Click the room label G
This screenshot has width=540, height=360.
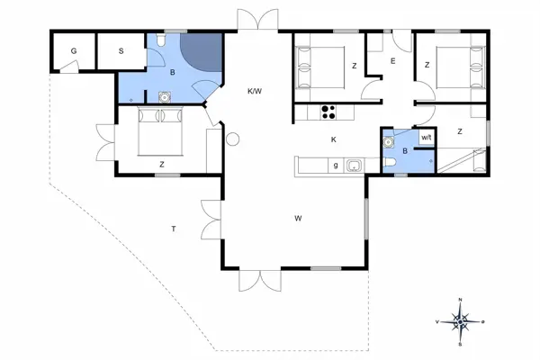pos(74,51)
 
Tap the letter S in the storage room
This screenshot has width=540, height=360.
pos(121,51)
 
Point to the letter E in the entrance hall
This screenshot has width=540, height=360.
pos(392,60)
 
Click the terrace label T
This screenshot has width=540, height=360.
pos(173,229)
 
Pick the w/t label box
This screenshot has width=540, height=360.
pos(427,137)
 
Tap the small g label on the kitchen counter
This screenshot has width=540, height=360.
pos(335,165)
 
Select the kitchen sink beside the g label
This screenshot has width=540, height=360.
pos(354,165)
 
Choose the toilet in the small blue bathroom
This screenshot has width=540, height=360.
pos(393,163)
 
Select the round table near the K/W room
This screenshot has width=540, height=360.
pos(232,139)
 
